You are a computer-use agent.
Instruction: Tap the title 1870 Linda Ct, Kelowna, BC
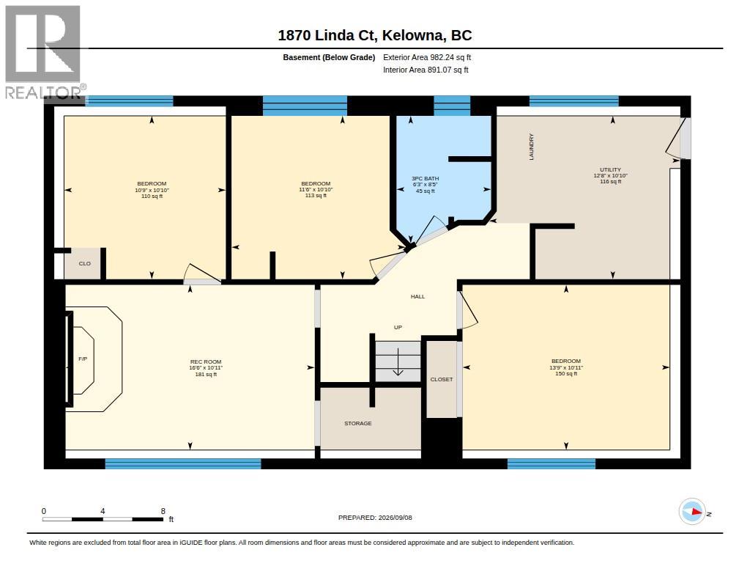[x=374, y=35]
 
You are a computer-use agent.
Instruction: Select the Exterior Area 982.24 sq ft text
[x=427, y=57]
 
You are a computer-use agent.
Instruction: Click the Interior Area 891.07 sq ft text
[x=426, y=70]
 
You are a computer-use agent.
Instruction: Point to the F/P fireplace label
[x=83, y=359]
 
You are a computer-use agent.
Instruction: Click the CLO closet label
[x=85, y=263]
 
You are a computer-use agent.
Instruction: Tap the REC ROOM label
[x=206, y=362]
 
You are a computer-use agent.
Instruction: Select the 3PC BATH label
[x=426, y=179]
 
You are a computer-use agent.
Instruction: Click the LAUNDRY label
[x=532, y=147]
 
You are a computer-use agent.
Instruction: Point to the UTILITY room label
[x=610, y=169]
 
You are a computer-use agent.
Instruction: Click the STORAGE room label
[x=357, y=423]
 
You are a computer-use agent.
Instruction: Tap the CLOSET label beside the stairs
[x=441, y=379]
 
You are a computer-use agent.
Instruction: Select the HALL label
[x=417, y=296]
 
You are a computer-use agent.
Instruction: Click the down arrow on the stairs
[x=398, y=362]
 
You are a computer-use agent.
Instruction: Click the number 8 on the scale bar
[x=163, y=511]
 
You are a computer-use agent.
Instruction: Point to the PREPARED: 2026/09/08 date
[x=375, y=518]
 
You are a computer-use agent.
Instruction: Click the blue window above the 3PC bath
[x=452, y=106]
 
